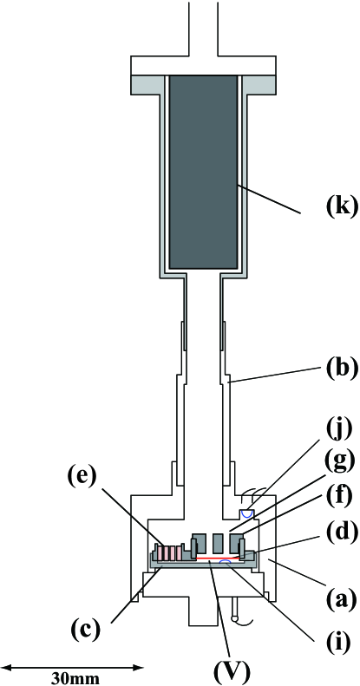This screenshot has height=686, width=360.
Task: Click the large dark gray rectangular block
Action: coord(203,171)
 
